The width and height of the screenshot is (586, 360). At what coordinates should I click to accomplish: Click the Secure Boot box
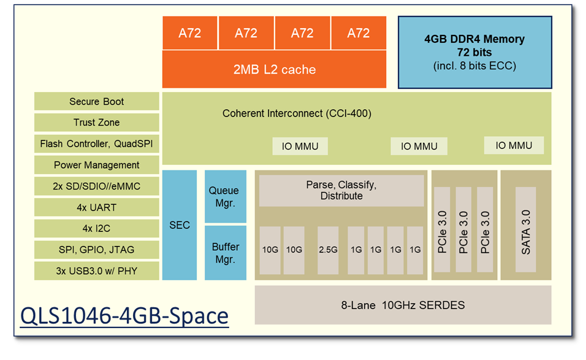[x=96, y=102]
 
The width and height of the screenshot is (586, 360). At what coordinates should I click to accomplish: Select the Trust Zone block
[x=96, y=123]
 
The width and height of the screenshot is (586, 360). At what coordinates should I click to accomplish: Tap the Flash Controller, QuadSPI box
[x=96, y=144]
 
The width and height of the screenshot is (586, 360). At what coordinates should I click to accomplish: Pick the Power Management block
[x=96, y=165]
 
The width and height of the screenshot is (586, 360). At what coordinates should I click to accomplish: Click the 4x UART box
[x=96, y=207]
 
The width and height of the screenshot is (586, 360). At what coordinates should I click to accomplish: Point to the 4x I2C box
[x=96, y=229]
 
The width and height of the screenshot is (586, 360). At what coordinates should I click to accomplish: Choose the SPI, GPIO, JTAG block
[x=96, y=250]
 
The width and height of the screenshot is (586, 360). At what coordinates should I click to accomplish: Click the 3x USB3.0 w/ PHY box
[x=96, y=270]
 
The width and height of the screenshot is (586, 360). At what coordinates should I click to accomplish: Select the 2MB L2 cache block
[x=274, y=70]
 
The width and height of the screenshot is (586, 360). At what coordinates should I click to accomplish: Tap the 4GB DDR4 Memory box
[x=474, y=52]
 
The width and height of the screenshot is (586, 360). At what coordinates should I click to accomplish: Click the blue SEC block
[x=180, y=225]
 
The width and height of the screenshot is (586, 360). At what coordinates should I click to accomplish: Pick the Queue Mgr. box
[x=225, y=196]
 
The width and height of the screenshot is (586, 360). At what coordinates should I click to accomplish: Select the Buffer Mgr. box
[x=225, y=253]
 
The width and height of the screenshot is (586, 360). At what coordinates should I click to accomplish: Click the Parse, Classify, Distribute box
[x=341, y=190]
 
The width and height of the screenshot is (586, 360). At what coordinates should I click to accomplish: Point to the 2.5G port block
[x=328, y=250]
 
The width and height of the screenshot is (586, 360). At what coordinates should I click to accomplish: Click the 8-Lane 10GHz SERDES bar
[x=403, y=305]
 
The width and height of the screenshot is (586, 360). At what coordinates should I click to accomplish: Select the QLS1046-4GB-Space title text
[x=124, y=316]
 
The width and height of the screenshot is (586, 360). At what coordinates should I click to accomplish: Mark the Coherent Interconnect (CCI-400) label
[x=297, y=113]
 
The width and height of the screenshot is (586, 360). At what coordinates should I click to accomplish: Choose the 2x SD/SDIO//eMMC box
[x=96, y=186]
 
